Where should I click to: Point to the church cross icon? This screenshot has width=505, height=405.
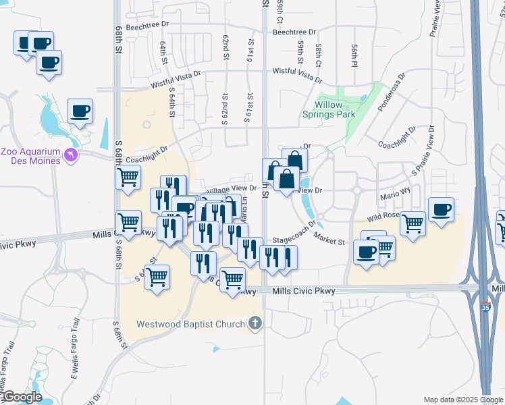255,324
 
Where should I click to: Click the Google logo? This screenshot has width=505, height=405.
22,396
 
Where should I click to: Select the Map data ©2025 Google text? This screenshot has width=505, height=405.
462,400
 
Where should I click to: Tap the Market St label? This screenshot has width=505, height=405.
330,241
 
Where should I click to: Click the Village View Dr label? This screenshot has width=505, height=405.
230,190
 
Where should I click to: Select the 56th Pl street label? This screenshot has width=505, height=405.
354,53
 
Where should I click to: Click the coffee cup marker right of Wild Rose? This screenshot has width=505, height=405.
441,210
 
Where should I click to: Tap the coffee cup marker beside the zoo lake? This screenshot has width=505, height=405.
80,111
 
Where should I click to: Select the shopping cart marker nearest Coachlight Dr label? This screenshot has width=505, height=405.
128,178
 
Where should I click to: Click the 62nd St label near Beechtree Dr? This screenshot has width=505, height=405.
225,48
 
